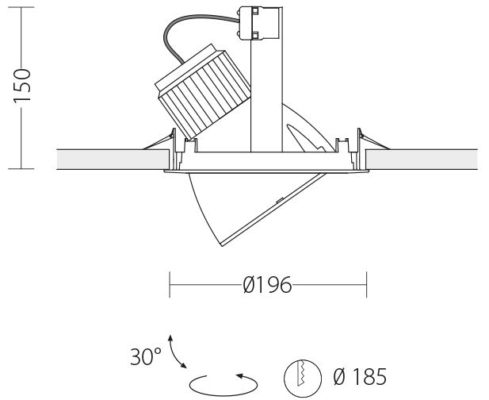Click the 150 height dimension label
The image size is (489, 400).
[22, 85]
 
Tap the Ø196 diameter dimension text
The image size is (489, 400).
[267, 285]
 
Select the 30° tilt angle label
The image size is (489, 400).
[146, 356]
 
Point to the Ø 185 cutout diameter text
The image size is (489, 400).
[360, 376]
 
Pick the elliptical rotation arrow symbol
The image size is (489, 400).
[223, 385]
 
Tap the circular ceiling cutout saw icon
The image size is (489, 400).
[303, 378]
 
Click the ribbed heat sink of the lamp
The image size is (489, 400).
[203, 91]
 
